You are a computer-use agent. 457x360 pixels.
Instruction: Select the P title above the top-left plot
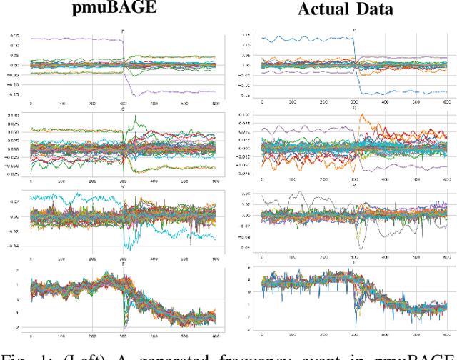point(124,31)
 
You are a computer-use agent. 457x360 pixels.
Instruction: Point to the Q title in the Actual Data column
point(354,107)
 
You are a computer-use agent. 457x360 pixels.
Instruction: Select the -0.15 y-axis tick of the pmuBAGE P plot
point(14,94)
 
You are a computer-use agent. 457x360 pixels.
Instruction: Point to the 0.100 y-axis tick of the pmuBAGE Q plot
point(14,115)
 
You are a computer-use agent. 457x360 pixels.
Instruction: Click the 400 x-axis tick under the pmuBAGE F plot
point(154,334)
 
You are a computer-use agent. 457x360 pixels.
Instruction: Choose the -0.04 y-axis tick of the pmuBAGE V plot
point(14,246)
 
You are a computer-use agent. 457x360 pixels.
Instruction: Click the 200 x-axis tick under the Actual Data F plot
point(323,334)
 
